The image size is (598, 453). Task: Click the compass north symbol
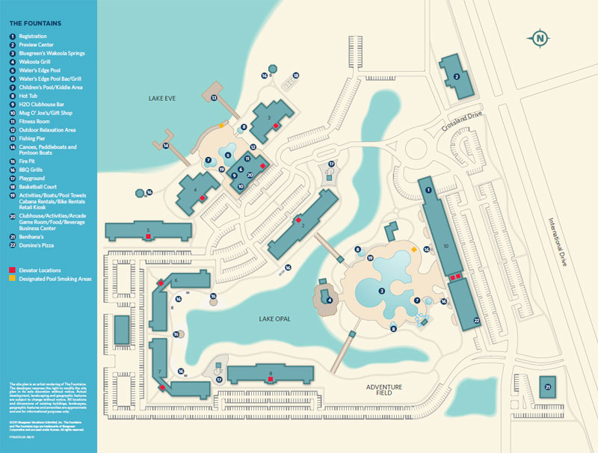pyautogui.click(x=540, y=37)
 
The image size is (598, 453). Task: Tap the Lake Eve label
pyautogui.click(x=161, y=98)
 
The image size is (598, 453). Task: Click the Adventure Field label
pyautogui.click(x=384, y=389)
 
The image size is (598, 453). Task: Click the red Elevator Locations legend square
pyautogui.click(x=12, y=270)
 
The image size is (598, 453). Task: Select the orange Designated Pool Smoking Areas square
pyautogui.click(x=12, y=278)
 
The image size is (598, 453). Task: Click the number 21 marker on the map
pyautogui.click(x=548, y=386)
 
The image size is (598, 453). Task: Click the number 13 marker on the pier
pyautogui.click(x=214, y=98)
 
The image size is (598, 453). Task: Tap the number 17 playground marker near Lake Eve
pyautogui.click(x=330, y=164)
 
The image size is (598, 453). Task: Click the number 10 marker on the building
pyautogui.click(x=446, y=245)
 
